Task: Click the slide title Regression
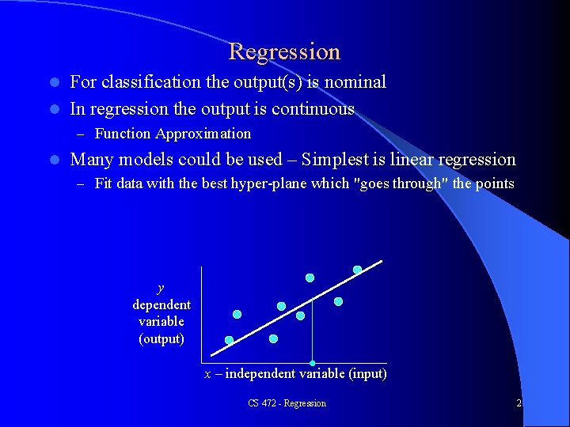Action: tap(284, 52)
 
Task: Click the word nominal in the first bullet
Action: tap(353, 82)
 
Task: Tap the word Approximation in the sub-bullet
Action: tap(203, 134)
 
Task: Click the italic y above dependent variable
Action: tap(161, 288)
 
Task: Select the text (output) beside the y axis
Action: tap(161, 338)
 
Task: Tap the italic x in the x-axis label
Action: tap(208, 373)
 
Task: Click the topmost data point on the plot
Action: tap(357, 270)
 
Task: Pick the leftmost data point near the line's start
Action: tap(229, 340)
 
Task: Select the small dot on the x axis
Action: tap(313, 363)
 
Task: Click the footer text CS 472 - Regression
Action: tap(287, 403)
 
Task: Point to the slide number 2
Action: tap(519, 403)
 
